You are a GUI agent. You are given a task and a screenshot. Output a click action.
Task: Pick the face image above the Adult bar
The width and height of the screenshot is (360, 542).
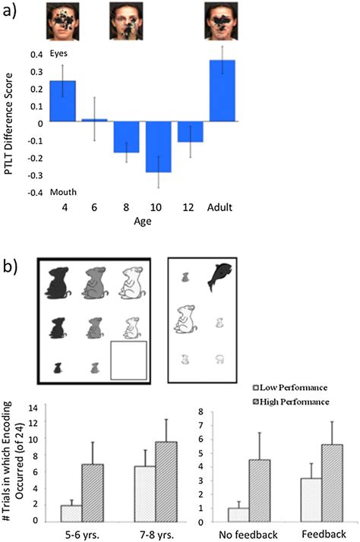222,20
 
